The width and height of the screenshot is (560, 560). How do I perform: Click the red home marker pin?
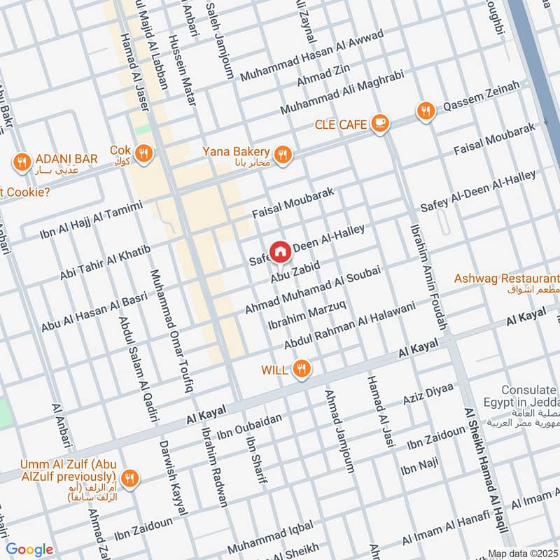[x=280, y=251]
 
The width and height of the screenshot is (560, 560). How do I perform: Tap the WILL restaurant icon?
[x=302, y=369]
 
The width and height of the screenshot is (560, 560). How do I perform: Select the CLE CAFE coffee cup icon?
[x=379, y=124]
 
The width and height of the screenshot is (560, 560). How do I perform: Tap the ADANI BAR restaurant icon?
[x=21, y=162]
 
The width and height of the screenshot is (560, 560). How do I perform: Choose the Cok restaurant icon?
[x=143, y=153]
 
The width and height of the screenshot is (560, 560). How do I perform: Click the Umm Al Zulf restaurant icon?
[x=129, y=479]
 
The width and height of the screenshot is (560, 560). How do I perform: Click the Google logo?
[x=29, y=549]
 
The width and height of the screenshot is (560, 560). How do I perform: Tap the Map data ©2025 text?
[x=522, y=553]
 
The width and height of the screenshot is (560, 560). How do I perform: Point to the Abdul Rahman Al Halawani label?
[x=349, y=325]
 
